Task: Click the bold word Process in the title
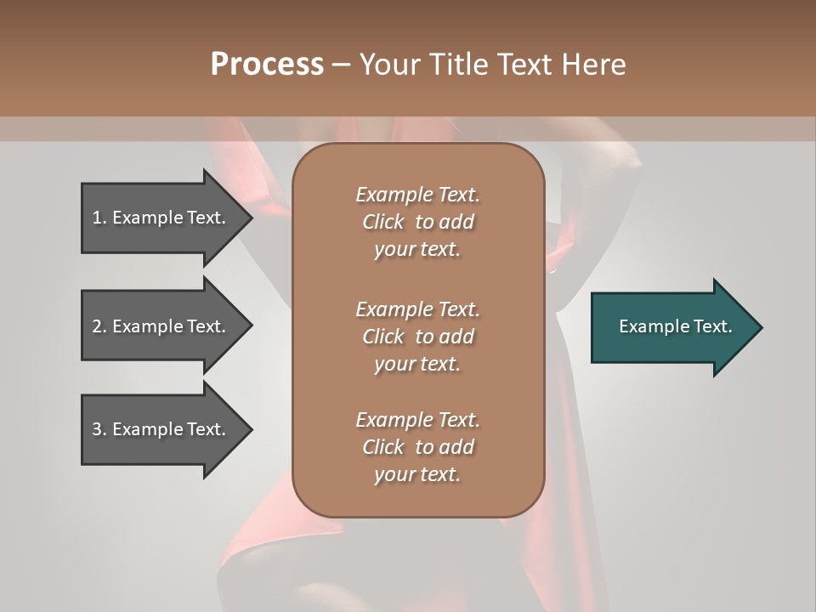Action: pos(267,65)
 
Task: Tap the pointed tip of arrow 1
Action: pos(250,218)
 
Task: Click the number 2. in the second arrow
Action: pos(99,326)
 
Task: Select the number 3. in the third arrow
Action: pos(99,429)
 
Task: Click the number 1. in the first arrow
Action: pos(99,218)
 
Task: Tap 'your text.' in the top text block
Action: pos(417,249)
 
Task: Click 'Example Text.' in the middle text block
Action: pos(417,309)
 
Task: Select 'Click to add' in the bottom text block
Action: pos(417,447)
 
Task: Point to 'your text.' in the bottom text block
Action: pos(417,474)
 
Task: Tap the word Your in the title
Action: pos(390,65)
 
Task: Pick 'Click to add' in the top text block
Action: pos(417,222)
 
